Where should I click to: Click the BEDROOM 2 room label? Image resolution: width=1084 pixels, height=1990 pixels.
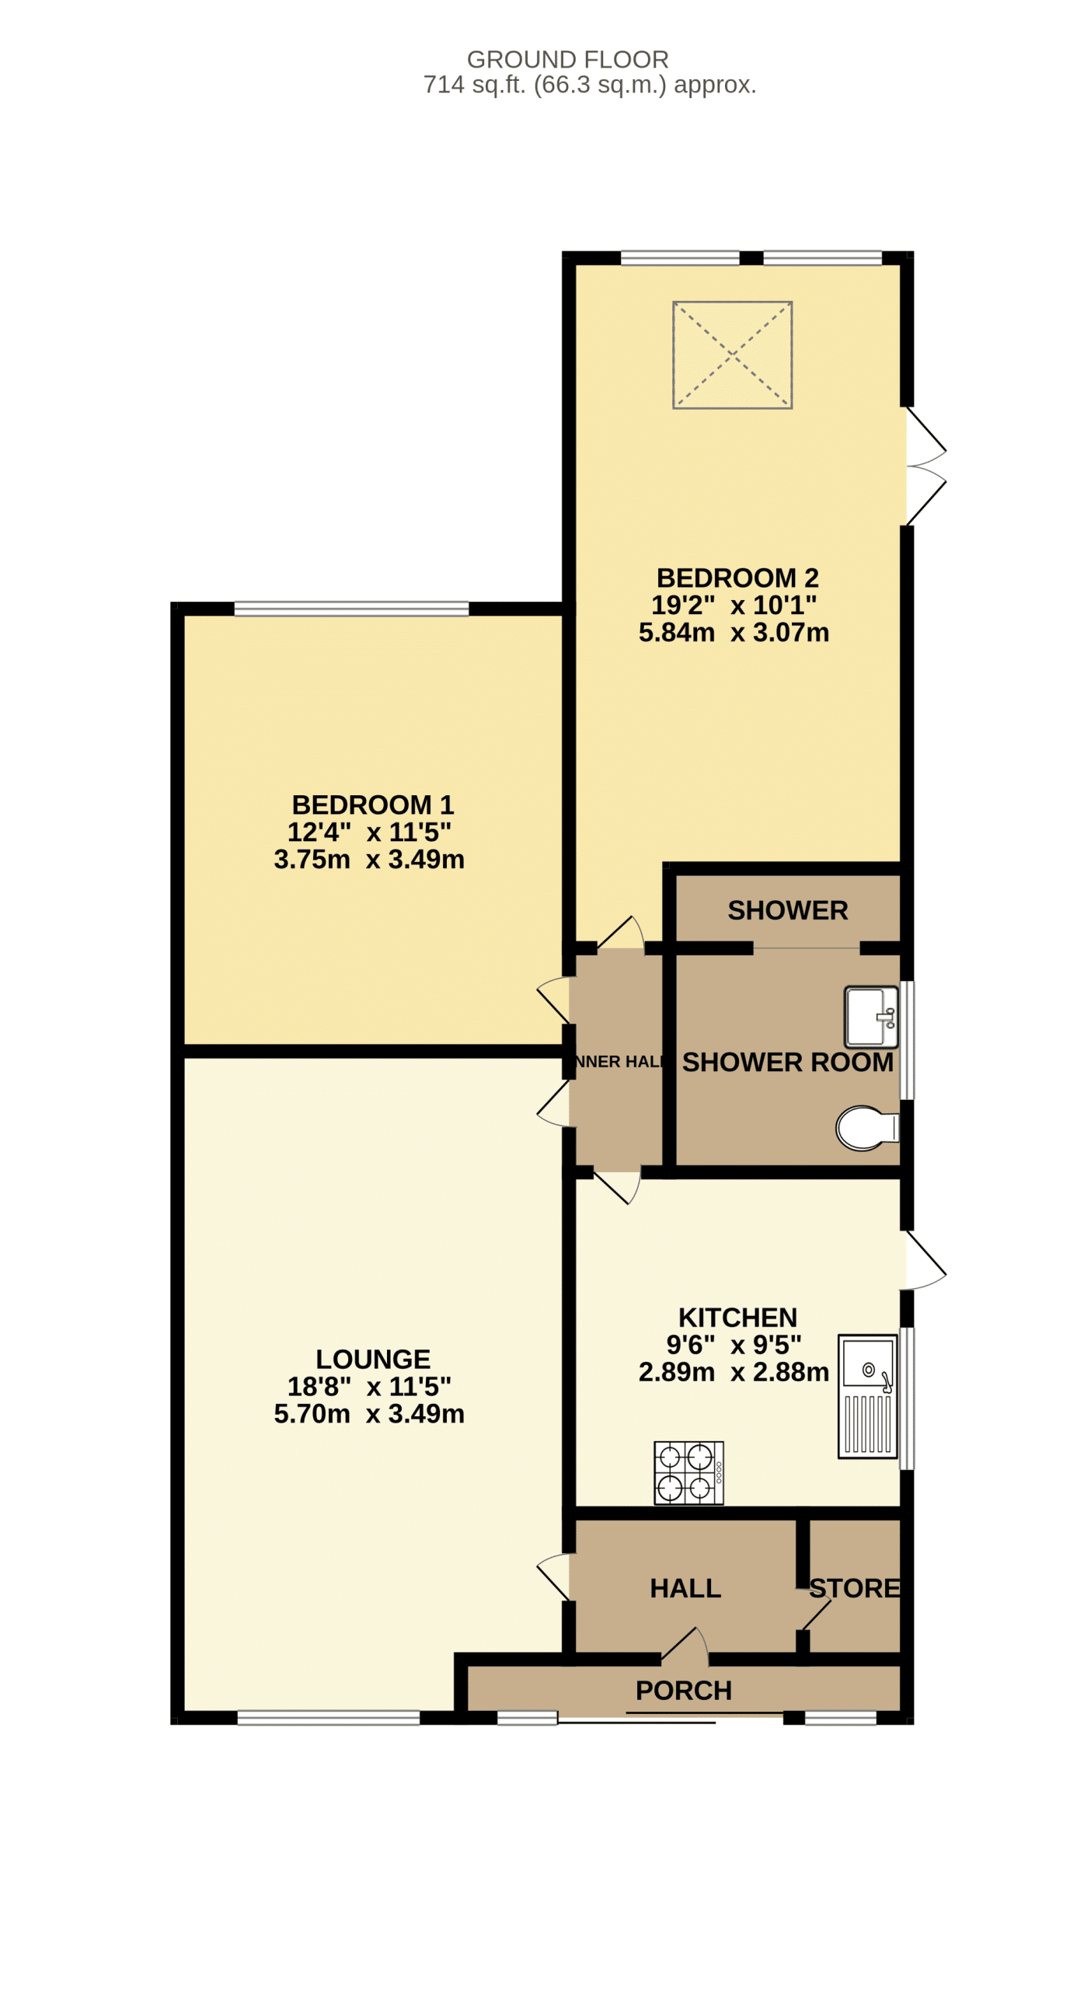(x=737, y=578)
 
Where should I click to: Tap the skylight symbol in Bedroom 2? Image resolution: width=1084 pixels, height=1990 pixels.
(x=732, y=355)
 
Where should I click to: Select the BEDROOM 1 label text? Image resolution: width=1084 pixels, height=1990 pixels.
(x=372, y=805)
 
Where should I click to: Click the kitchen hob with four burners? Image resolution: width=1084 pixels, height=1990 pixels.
(x=688, y=1473)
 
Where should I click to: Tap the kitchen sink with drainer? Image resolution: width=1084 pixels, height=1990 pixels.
(x=867, y=1396)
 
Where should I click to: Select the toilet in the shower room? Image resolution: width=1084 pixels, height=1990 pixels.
(x=866, y=1128)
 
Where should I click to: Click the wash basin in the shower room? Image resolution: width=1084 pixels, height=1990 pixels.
(x=871, y=1017)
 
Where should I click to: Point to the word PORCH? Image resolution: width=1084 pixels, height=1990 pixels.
(x=684, y=1691)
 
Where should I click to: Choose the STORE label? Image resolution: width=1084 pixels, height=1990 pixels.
(x=855, y=1588)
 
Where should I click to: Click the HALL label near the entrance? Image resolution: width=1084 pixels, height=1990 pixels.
(x=685, y=1588)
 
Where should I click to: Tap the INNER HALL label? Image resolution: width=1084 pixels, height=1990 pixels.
(x=619, y=1062)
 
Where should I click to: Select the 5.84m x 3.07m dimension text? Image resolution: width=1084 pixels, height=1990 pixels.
(x=734, y=633)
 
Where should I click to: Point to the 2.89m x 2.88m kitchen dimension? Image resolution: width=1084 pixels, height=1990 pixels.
(x=734, y=1372)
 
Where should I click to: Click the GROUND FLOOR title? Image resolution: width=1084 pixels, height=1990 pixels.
(x=567, y=60)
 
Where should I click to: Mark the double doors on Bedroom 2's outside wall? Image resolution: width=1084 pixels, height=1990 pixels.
(x=925, y=466)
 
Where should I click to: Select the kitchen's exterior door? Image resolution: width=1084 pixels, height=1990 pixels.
(x=925, y=1260)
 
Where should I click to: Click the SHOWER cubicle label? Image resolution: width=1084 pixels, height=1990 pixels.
(x=787, y=910)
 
